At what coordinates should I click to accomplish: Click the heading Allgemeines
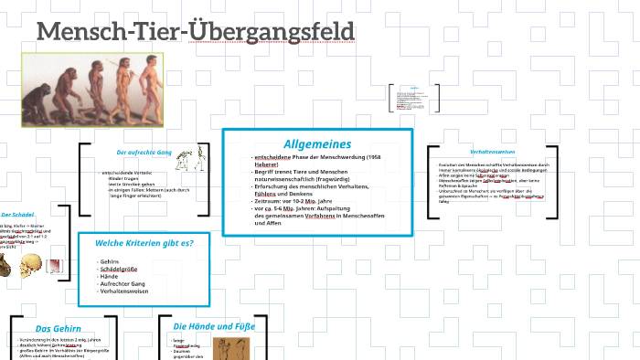coord(316,143)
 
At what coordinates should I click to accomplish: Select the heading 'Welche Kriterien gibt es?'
coord(152,242)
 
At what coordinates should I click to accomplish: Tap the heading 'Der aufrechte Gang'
coord(144,152)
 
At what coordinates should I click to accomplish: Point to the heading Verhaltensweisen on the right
coord(492,152)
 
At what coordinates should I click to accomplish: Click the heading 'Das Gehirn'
coord(59,329)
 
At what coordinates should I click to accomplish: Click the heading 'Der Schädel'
coord(16,214)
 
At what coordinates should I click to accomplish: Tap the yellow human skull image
coord(31,265)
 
